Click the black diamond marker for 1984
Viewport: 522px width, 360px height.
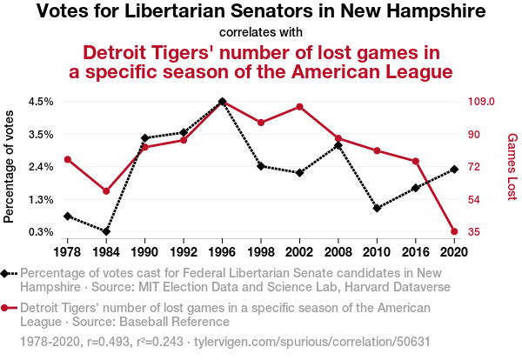[x=106, y=231]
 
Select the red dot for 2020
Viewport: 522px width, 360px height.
[x=455, y=231]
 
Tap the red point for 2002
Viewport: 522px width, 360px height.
[x=299, y=107]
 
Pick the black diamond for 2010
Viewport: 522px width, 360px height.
[x=377, y=209]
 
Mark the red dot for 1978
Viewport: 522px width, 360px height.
[x=67, y=159]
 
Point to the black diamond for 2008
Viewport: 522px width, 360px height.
[x=338, y=145]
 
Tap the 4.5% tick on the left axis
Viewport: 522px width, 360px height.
[x=41, y=102]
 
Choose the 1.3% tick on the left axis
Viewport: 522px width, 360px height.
[x=41, y=199]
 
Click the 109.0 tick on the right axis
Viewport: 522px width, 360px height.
[x=481, y=102]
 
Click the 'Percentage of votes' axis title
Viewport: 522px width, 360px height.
[x=10, y=166]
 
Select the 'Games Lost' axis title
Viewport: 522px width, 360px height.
[x=512, y=166]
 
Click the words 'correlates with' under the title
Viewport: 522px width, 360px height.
[x=260, y=32]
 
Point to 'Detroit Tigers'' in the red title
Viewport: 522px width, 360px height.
[x=148, y=52]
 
